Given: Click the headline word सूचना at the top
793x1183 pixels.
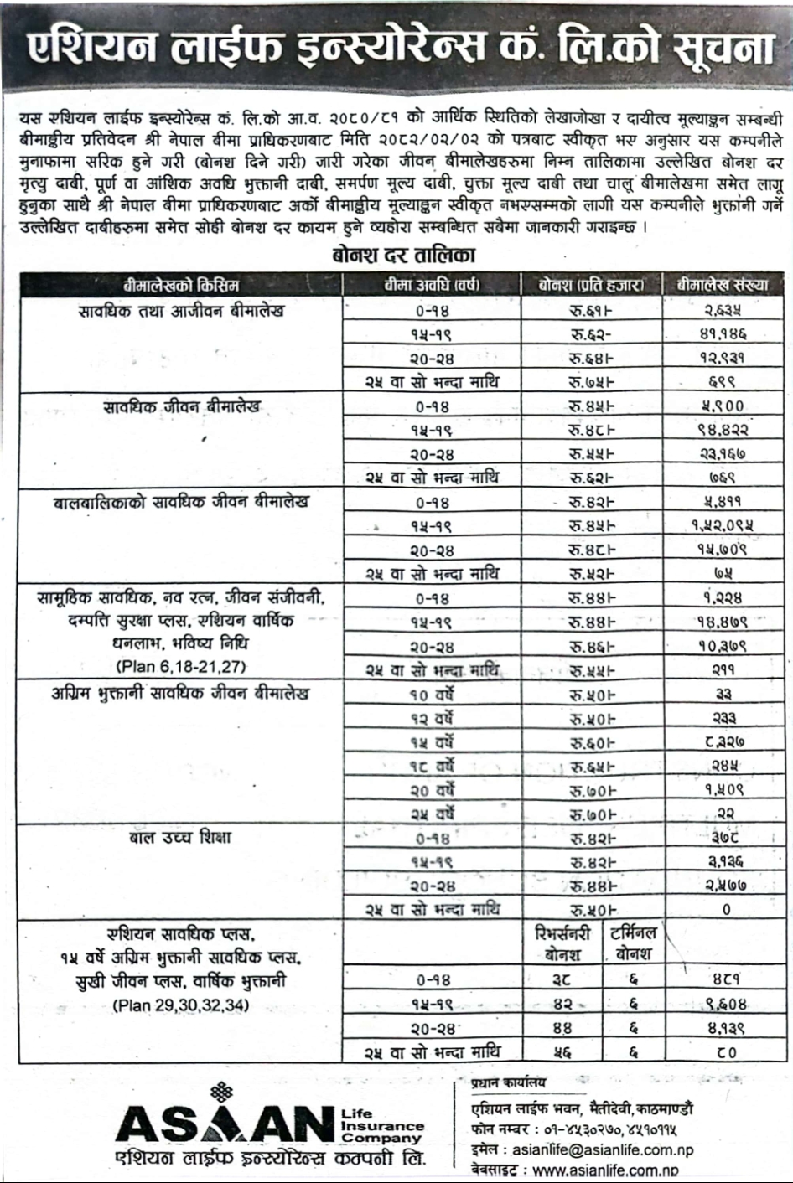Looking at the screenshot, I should click(723, 48).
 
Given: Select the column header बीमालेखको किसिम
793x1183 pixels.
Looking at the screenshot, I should click(181, 285).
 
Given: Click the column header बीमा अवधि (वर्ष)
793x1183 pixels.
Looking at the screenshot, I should click(432, 285).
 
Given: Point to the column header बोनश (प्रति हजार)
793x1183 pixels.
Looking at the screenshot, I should click(592, 285).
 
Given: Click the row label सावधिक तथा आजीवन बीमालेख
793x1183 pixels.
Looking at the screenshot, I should click(181, 311).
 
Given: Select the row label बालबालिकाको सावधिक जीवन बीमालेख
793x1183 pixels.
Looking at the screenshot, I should click(181, 503).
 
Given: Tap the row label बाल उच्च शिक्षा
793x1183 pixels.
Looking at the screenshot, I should click(181, 838).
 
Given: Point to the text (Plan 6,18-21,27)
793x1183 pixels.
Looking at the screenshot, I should click(181, 668).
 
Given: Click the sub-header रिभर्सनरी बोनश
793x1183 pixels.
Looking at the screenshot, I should click(562, 943).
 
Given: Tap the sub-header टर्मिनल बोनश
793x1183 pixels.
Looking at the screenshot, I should click(633, 943).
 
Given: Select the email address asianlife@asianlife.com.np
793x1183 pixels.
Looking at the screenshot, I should click(602, 1149).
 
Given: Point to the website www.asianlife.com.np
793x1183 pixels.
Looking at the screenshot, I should click(604, 1170).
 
